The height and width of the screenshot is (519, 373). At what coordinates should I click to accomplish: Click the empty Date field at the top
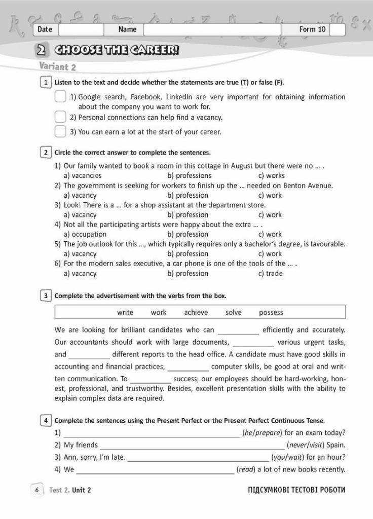81,29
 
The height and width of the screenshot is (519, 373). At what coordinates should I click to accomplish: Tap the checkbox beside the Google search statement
60,97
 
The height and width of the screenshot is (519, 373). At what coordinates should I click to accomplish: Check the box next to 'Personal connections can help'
60,117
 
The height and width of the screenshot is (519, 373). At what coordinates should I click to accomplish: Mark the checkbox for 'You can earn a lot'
60,132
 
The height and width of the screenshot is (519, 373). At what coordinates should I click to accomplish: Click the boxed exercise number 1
46,82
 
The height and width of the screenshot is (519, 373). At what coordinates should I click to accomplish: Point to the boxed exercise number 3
46,295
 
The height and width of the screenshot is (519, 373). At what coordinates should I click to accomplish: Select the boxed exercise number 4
46,421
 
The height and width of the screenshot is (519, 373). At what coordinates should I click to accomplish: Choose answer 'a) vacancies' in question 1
83,175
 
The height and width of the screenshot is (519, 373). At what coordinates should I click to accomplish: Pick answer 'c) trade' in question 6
271,273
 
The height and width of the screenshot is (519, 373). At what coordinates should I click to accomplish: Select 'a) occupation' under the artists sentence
85,234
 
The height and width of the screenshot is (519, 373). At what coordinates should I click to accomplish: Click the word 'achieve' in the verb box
196,312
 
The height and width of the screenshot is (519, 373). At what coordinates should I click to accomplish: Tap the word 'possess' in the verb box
271,312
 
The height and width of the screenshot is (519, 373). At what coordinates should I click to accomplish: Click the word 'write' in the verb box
125,312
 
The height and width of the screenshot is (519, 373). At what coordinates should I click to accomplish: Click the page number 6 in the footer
37,490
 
